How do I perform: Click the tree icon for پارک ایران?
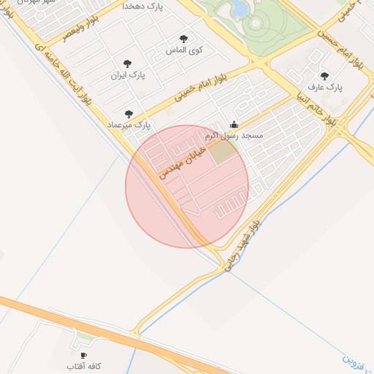[x=129, y=64]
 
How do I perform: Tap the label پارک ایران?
[x=129, y=75]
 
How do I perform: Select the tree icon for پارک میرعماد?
[x=129, y=114]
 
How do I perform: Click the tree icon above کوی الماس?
[x=183, y=39]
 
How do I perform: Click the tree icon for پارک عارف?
[x=325, y=75]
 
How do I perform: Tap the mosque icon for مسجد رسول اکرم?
[x=234, y=124]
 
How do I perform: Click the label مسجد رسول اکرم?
[x=234, y=136]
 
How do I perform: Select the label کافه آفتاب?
[x=83, y=365]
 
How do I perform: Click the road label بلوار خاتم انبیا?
[x=313, y=105]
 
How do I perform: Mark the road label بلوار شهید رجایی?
[x=242, y=248]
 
